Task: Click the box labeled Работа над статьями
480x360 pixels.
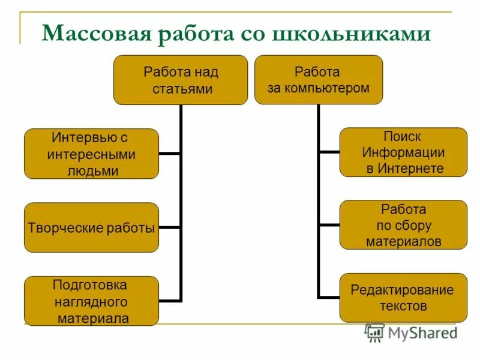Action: coord(181,80)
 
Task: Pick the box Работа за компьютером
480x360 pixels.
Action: coord(318,80)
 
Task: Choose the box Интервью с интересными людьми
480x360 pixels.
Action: coord(91,154)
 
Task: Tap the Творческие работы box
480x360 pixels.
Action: coord(91,227)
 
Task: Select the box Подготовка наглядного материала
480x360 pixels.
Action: coord(91,301)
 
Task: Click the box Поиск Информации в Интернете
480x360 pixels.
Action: coord(403,152)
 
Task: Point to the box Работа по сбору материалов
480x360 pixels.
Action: coord(403,225)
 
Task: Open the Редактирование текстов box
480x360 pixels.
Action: coord(403,298)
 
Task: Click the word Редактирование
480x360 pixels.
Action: coord(402,290)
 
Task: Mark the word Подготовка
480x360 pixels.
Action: coord(90,284)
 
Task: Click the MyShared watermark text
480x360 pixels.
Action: coord(423,334)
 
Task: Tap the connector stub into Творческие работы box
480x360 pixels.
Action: coord(170,227)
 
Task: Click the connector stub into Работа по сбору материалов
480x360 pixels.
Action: coord(329,225)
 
